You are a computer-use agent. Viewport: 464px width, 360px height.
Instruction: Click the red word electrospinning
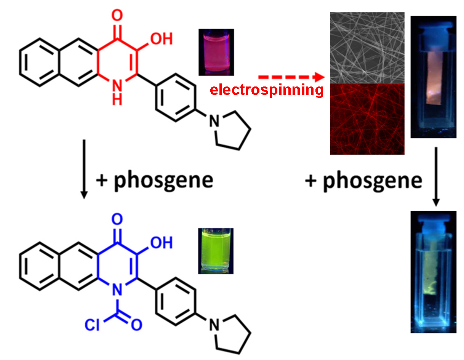(267, 90)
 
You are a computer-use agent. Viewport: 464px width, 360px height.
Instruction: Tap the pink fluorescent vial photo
(216, 52)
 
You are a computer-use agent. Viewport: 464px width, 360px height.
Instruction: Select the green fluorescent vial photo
(216, 251)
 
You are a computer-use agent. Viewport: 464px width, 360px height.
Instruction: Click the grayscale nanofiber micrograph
(367, 47)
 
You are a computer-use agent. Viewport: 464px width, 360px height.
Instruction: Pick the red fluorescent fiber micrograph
(367, 119)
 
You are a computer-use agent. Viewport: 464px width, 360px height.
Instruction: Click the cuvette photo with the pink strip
(433, 77)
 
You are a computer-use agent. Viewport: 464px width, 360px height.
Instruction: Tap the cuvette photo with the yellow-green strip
(433, 272)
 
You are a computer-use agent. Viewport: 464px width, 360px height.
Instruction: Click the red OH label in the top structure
(162, 38)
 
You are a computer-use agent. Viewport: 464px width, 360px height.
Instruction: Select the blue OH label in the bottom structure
(162, 242)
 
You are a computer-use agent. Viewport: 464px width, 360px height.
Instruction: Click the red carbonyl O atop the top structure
(118, 16)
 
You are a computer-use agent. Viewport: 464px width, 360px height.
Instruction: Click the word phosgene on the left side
(164, 180)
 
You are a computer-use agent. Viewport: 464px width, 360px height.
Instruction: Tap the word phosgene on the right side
(373, 180)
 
